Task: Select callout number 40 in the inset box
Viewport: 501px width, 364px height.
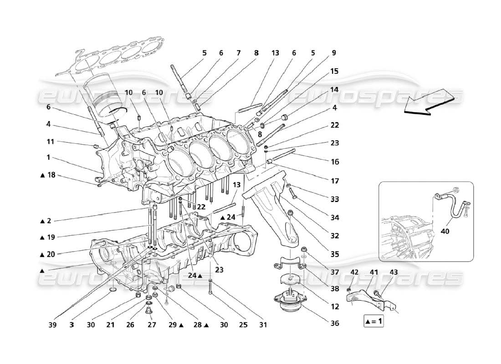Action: (x=445, y=231)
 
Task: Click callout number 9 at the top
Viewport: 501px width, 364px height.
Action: (x=334, y=53)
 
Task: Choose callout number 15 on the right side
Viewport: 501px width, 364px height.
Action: (x=335, y=71)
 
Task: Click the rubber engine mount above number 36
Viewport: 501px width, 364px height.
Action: (x=289, y=303)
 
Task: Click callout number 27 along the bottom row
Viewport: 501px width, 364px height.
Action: (x=151, y=325)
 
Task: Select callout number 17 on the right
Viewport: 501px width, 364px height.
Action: (x=335, y=181)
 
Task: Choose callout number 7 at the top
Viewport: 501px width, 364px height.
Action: (x=238, y=53)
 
